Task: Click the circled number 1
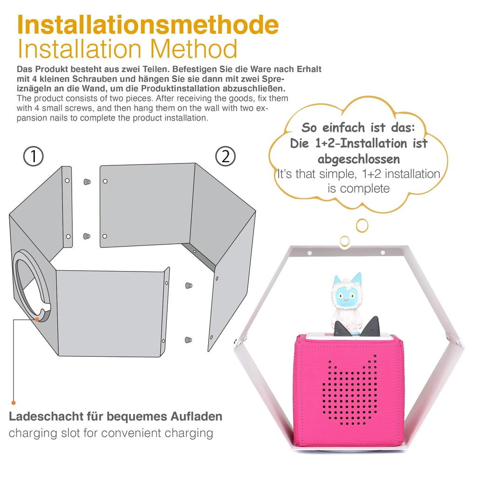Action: click(x=34, y=157)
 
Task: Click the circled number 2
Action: click(x=225, y=157)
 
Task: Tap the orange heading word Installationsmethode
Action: click(x=148, y=25)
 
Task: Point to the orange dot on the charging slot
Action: click(x=37, y=319)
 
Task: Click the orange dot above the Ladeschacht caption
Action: click(x=14, y=403)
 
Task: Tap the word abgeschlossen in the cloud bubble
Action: click(x=359, y=159)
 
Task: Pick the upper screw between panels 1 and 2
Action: click(x=87, y=182)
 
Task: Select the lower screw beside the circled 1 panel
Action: click(x=87, y=236)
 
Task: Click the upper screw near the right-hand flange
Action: click(x=189, y=286)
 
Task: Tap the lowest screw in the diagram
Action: click(x=188, y=340)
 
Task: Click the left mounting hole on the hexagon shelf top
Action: click(x=309, y=253)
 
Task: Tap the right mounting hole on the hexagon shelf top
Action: click(x=383, y=252)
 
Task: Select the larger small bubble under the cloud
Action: click(x=362, y=225)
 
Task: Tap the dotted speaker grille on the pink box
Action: click(x=350, y=390)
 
